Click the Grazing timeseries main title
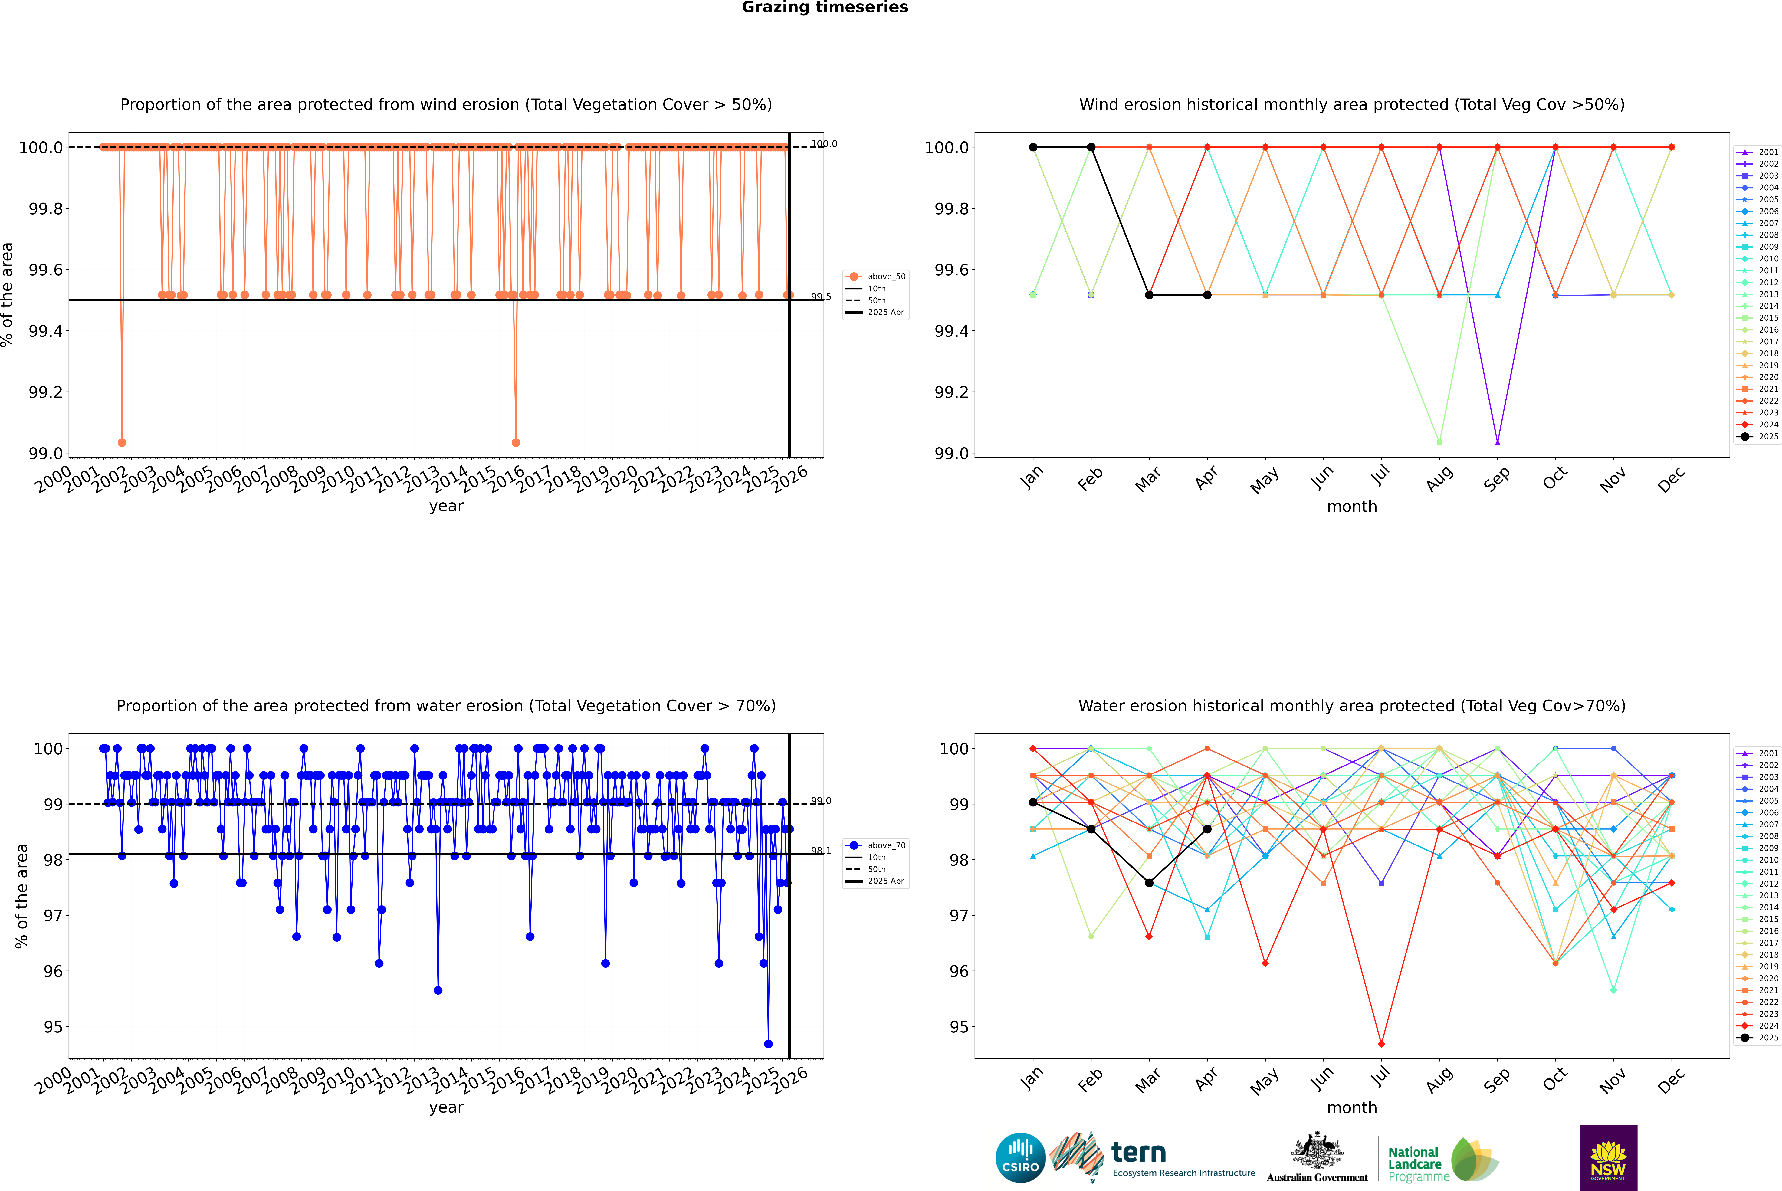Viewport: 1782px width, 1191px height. [825, 8]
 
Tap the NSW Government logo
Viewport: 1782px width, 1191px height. [1608, 1157]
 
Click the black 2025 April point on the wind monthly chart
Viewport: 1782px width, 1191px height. [1207, 295]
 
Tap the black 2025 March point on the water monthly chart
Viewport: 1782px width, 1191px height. [1149, 883]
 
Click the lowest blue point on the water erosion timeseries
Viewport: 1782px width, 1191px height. [768, 1044]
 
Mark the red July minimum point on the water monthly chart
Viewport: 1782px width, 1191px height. [1381, 1044]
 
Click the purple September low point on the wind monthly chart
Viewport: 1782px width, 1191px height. [1497, 442]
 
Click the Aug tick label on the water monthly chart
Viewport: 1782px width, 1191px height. [1439, 1079]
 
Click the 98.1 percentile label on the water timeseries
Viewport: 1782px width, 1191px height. [821, 851]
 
